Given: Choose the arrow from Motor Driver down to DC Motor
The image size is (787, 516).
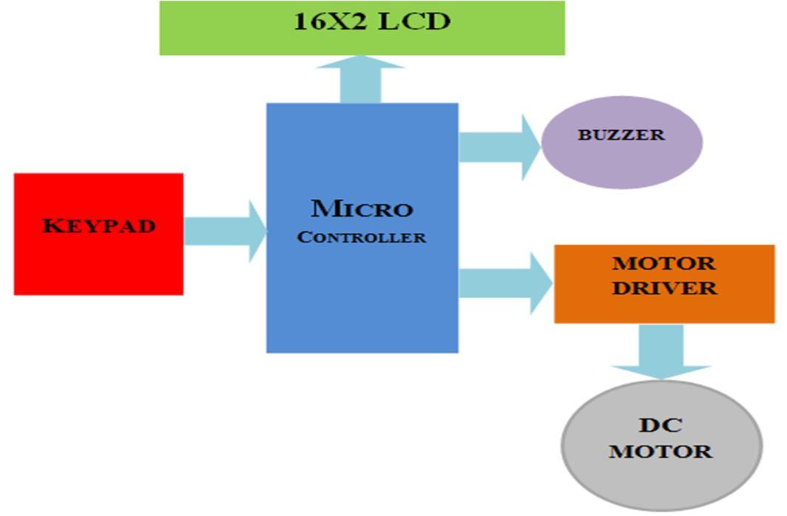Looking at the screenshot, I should coord(661,351).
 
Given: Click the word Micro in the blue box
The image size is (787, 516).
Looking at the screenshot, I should coord(361,209).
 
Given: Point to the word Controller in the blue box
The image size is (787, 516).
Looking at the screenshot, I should coord(361,238).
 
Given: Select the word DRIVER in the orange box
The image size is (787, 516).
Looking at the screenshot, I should coord(664,288).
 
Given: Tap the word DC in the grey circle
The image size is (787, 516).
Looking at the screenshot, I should coord(660,425).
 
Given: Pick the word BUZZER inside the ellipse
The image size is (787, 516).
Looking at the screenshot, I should coord(621,135).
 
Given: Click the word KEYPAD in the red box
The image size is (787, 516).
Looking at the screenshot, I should coord(98,225).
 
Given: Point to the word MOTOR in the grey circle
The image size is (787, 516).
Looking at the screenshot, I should coord(660,451).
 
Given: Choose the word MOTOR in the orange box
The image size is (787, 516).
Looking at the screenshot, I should coord(664,264).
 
